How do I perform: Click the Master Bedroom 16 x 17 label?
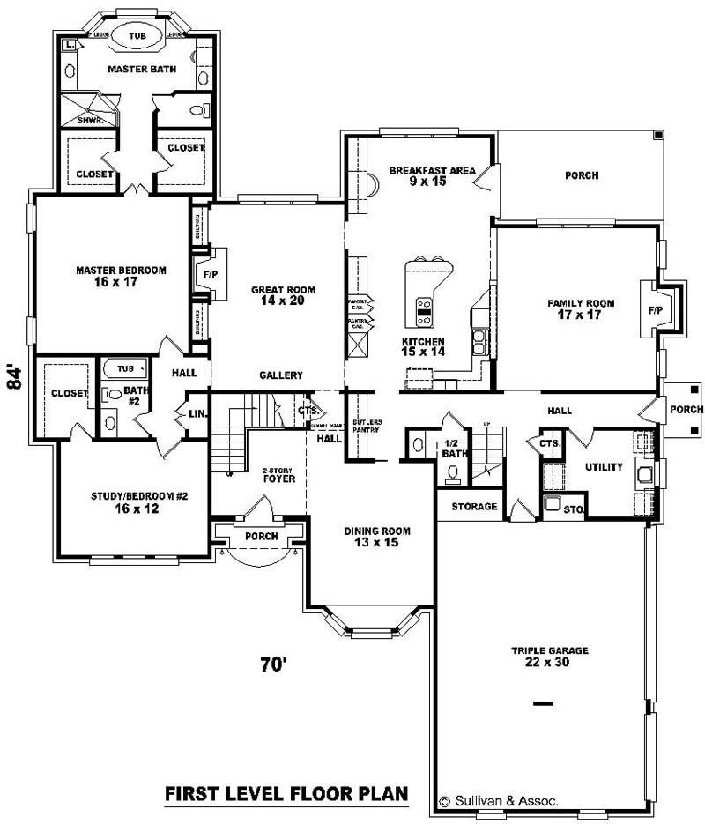point(121,277)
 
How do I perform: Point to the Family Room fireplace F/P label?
point(655,311)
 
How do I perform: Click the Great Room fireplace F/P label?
point(210,274)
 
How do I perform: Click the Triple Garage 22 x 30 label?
point(549,657)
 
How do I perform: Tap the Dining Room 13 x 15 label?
point(377,537)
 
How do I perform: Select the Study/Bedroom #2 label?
point(140,502)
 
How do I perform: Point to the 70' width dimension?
point(274,664)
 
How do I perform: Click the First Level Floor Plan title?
point(286,794)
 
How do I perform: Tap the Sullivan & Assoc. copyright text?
point(498,802)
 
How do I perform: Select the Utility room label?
point(604,467)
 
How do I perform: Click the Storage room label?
point(475,507)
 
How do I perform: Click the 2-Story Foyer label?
point(278,475)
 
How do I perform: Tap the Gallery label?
point(281,375)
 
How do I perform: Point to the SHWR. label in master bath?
point(91,119)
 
